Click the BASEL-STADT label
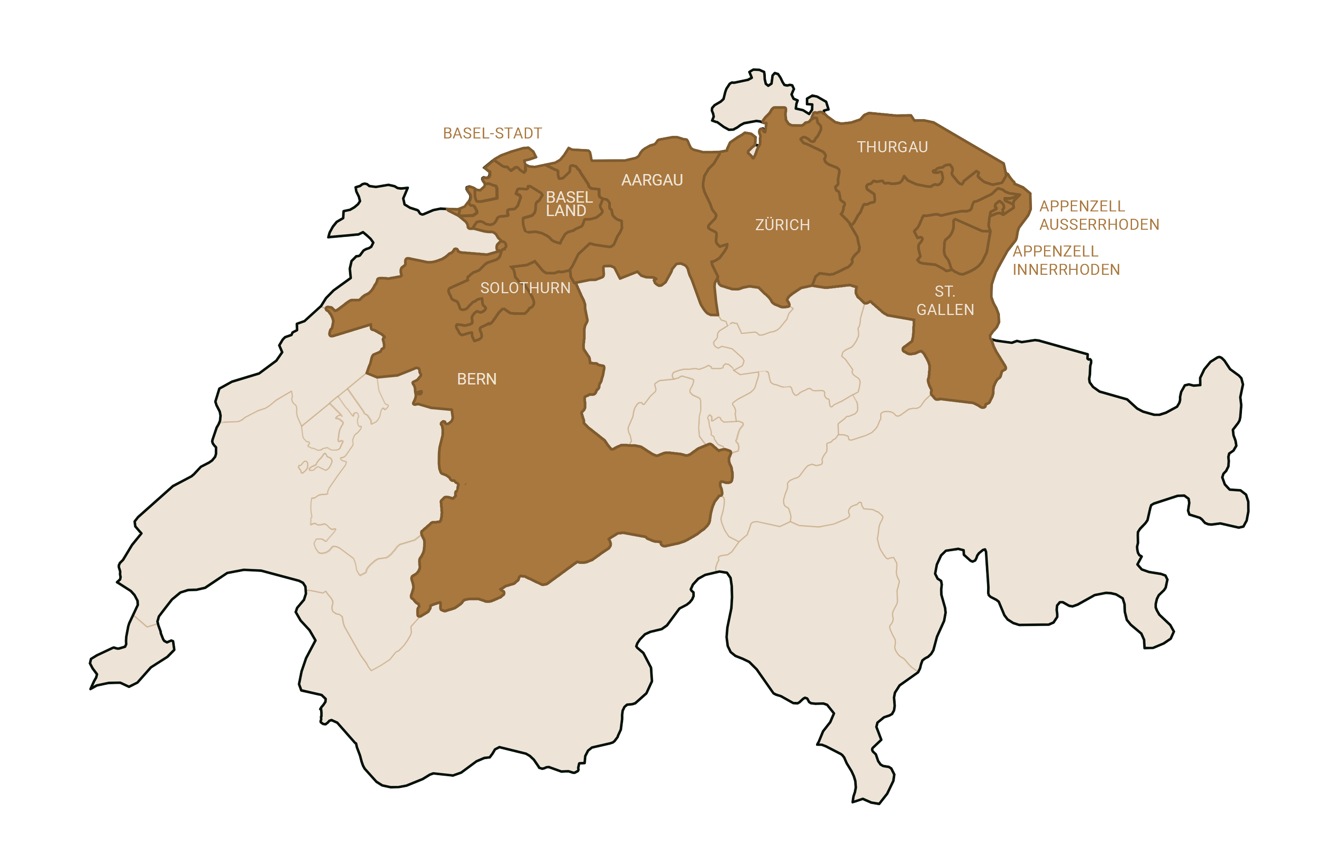pyautogui.click(x=492, y=134)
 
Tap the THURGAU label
pyautogui.click(x=892, y=147)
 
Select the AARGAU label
pyautogui.click(x=652, y=180)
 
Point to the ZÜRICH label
pyautogui.click(x=782, y=225)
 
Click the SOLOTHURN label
pyautogui.click(x=525, y=288)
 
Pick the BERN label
pyautogui.click(x=477, y=380)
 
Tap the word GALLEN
pyautogui.click(x=945, y=310)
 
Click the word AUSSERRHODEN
pyautogui.click(x=1099, y=225)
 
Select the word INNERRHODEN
pyautogui.click(x=1066, y=270)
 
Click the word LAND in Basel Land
pyautogui.click(x=566, y=211)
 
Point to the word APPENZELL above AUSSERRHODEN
pyautogui.click(x=1082, y=207)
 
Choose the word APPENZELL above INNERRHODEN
pyautogui.click(x=1055, y=252)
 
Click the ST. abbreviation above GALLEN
pyautogui.click(x=945, y=292)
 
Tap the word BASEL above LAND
pyautogui.click(x=569, y=197)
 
